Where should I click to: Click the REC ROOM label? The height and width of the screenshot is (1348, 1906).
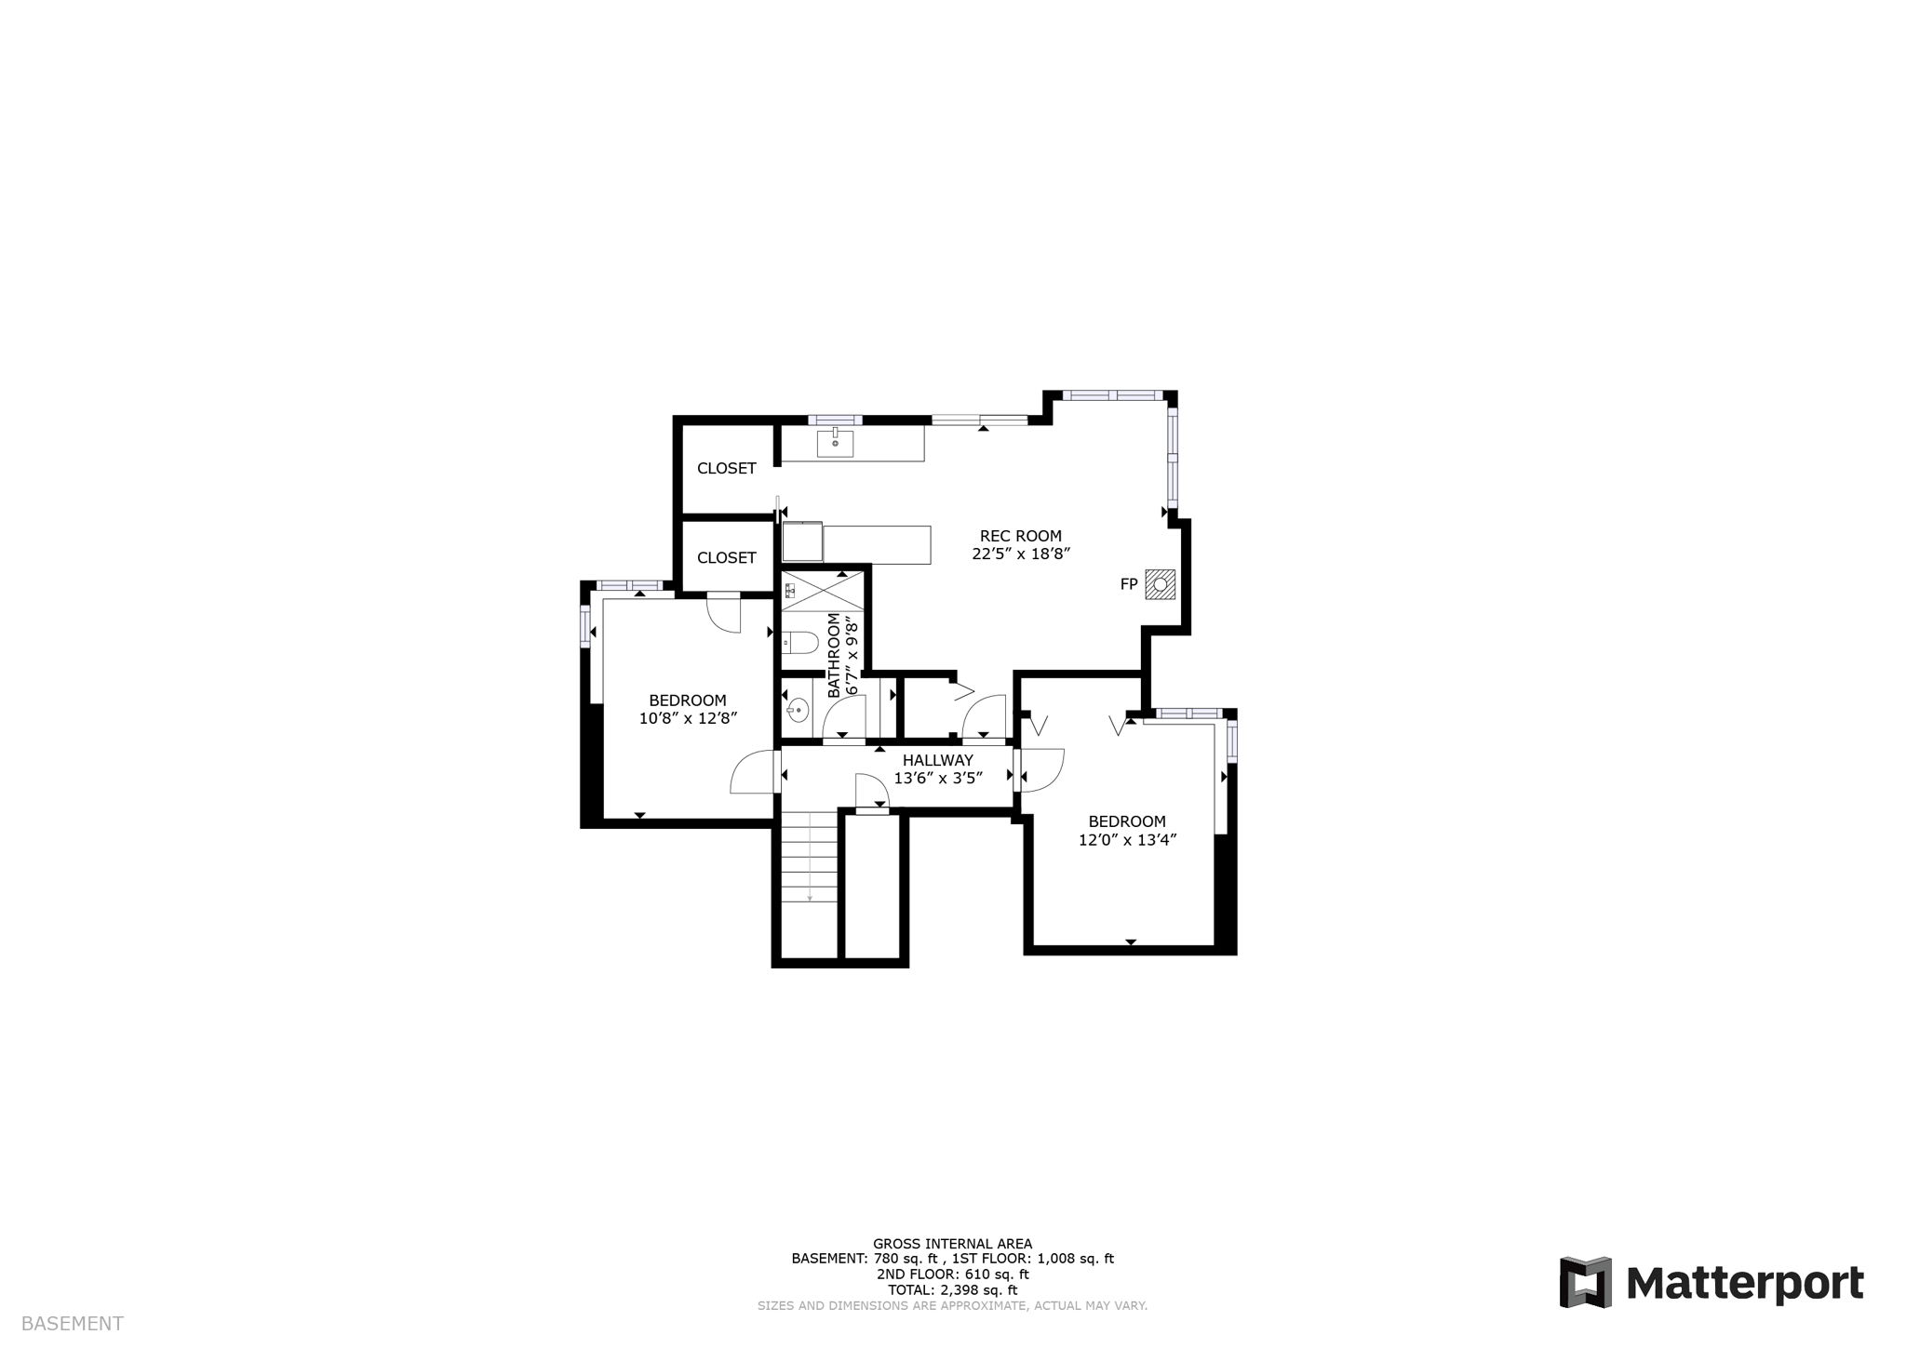pos(1020,536)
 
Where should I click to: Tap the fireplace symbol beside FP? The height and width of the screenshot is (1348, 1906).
pos(1161,584)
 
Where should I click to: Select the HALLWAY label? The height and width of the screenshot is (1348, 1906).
pos(937,760)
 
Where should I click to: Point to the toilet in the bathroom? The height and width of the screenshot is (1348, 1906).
pos(799,642)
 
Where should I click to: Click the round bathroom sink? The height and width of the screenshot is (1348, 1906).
pos(797,711)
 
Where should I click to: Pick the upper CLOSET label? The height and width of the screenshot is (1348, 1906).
pos(726,469)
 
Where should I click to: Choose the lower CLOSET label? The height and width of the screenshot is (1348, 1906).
pos(726,558)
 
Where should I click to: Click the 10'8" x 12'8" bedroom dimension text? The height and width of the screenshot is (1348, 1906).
pos(688,718)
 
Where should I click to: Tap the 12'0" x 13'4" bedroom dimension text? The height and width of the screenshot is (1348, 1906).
pos(1127,840)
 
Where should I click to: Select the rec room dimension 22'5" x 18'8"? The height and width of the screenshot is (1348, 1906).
pos(1020,554)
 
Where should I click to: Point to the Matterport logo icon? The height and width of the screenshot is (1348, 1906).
pos(1585,1282)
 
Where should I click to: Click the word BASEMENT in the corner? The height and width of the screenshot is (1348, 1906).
pos(72,1324)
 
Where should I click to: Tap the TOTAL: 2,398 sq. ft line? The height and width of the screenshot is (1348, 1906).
pos(952,1290)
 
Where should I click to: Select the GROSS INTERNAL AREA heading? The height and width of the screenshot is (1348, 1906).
pos(952,1244)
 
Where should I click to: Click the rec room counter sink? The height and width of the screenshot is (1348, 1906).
pos(835,444)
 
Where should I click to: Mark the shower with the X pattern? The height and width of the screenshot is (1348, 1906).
pos(823,592)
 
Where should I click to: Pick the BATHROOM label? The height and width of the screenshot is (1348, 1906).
pos(834,655)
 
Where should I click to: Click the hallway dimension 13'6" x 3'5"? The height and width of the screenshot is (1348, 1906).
pos(938,779)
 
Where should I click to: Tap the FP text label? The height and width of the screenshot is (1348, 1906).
pos(1129,585)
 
